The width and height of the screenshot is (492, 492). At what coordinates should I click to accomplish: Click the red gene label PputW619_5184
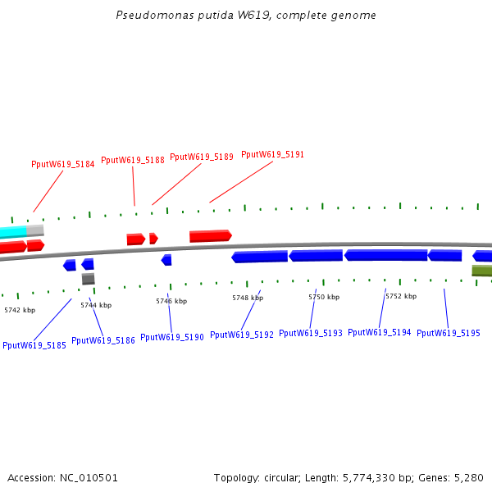[x=62, y=164]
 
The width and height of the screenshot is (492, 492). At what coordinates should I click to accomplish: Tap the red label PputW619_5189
[x=202, y=157]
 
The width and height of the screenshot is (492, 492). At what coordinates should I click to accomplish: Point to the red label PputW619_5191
[x=272, y=154]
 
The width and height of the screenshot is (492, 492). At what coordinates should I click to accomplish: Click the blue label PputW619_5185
[x=34, y=345]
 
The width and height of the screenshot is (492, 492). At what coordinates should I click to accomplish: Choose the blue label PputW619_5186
[x=103, y=340]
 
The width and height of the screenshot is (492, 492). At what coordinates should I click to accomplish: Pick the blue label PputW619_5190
[x=172, y=337]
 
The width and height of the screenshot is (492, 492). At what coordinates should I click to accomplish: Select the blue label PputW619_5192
[x=241, y=335]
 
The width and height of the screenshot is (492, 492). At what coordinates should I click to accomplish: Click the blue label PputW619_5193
[x=310, y=333]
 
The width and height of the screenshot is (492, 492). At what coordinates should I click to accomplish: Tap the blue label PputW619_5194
[x=379, y=332]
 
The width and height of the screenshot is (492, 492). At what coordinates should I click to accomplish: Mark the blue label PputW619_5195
[x=449, y=333]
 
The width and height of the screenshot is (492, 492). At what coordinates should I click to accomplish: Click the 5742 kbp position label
[x=20, y=310]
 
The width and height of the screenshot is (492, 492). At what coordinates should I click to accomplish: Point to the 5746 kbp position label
[x=171, y=301]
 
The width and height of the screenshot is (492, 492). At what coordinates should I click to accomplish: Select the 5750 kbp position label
[x=324, y=297]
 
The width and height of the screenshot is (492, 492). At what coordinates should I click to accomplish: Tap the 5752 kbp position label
[x=401, y=296]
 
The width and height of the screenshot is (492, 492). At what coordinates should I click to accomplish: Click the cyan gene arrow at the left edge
[x=13, y=231]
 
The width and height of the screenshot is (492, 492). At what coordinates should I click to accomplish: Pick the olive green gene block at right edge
[x=482, y=271]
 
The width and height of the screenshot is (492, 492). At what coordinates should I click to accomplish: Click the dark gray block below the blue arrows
[x=88, y=279]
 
